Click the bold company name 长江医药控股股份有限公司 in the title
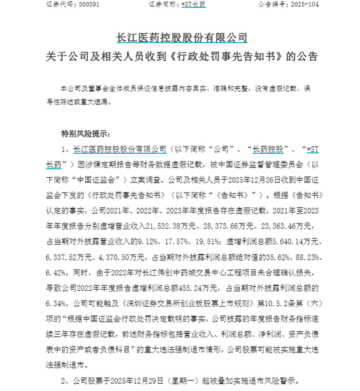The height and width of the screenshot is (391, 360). pos(180,37)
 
